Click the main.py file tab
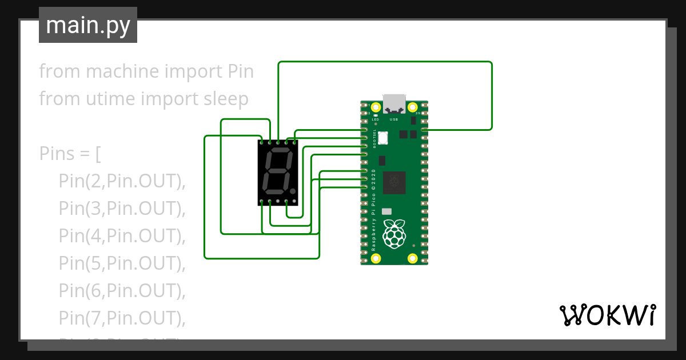point(88,25)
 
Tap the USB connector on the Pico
point(394,103)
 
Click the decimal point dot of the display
point(293,190)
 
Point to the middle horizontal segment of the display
point(277,171)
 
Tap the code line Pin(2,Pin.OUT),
point(122,182)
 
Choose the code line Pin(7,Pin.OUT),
point(122,318)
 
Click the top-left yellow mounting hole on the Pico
point(376,107)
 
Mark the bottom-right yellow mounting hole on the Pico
point(412,258)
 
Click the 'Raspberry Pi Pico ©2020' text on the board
point(373,210)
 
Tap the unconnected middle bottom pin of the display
point(278,202)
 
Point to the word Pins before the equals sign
point(56,154)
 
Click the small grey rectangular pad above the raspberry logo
point(387,211)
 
